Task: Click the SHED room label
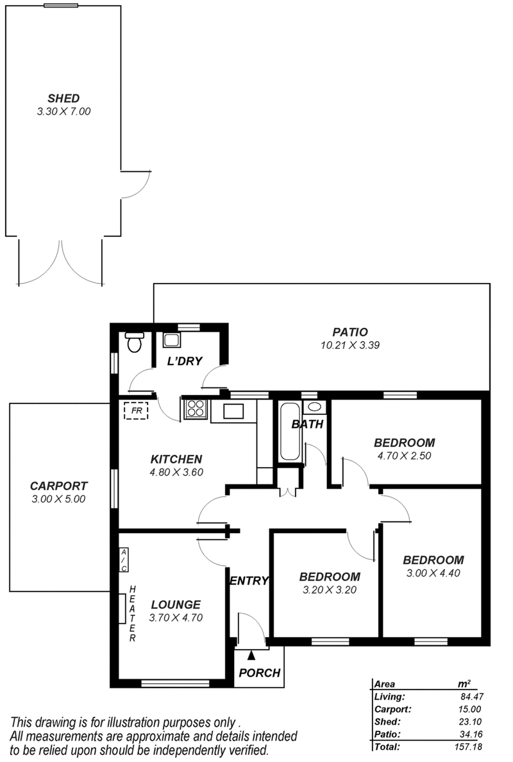tap(63, 99)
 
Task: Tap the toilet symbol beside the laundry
tap(133, 342)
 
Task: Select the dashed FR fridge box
tap(136, 411)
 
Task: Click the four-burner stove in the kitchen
tap(196, 408)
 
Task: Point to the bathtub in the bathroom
tap(290, 431)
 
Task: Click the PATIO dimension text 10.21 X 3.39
tap(349, 346)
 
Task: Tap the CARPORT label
tap(59, 486)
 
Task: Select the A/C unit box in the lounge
tap(124, 561)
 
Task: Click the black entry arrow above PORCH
tap(251, 655)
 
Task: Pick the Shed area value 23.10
tap(470, 722)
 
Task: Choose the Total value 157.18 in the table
tap(468, 747)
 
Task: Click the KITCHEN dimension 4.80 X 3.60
tap(176, 472)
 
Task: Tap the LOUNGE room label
tap(176, 605)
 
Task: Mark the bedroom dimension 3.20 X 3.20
tap(330, 590)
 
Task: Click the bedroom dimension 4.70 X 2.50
tap(404, 456)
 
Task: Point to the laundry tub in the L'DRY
tap(171, 339)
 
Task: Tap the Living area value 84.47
tap(471, 697)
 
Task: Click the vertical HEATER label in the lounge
tap(133, 613)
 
